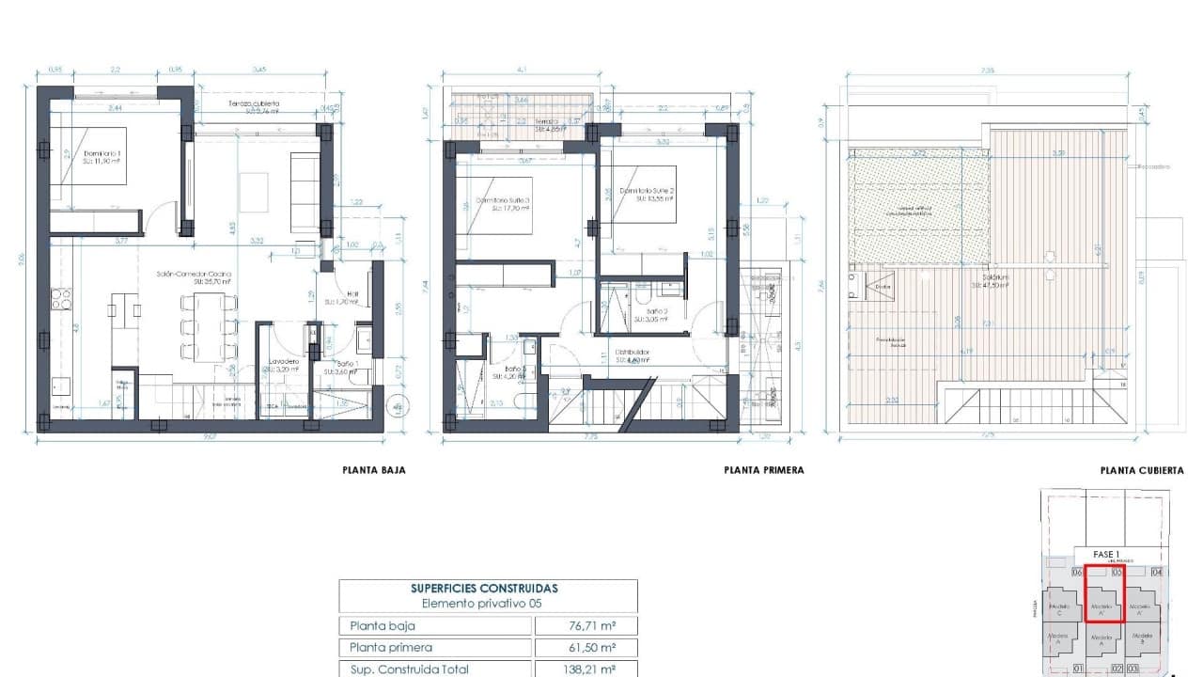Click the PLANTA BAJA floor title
[x=374, y=470]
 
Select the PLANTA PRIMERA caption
[x=763, y=470]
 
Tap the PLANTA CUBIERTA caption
[x=1142, y=470]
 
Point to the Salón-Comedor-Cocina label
[x=195, y=276]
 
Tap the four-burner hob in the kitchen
[x=61, y=299]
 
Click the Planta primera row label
[x=391, y=648]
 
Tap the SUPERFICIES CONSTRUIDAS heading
[x=488, y=589]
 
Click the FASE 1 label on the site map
[x=1105, y=555]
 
